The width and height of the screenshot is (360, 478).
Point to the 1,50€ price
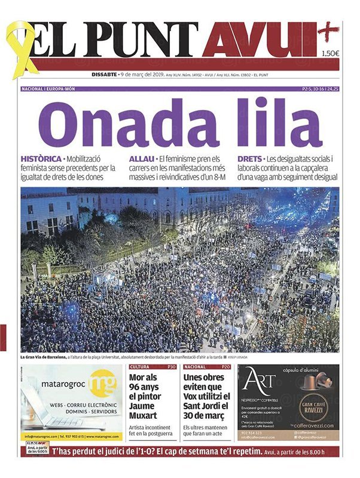330,54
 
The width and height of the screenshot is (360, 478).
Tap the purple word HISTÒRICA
41,159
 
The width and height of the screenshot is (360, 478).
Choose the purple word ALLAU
141,159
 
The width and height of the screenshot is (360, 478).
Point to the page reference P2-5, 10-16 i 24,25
321,89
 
